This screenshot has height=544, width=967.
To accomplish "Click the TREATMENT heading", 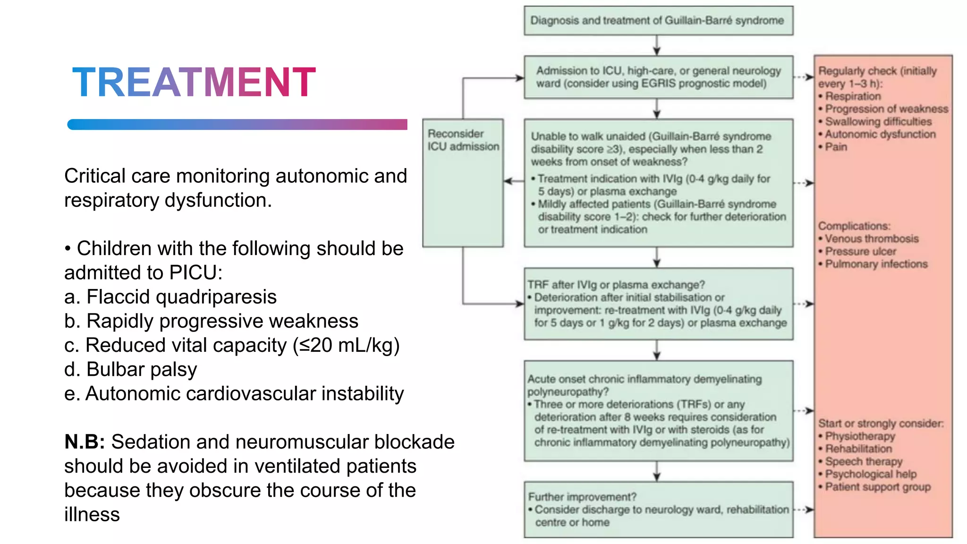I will [x=194, y=83].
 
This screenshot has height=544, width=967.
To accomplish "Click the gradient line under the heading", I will [x=237, y=124].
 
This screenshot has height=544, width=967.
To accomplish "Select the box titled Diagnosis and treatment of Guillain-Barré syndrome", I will [x=658, y=21].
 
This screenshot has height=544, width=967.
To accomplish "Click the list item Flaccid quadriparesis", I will [x=170, y=297].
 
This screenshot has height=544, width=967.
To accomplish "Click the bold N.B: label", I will [x=85, y=442].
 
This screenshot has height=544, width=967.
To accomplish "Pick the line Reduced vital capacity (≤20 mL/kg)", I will [x=232, y=345].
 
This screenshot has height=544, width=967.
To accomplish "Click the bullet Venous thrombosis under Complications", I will [x=871, y=239].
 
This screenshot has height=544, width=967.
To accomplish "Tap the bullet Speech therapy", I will [x=863, y=461].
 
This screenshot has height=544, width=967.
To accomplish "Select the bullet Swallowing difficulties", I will [x=878, y=122].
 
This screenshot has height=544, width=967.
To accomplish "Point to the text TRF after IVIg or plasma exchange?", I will [x=616, y=285].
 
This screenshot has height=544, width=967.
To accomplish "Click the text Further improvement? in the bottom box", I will [x=582, y=497].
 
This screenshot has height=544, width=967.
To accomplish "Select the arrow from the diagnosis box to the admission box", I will [x=657, y=45].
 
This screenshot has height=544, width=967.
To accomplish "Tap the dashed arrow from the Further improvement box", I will [x=804, y=510].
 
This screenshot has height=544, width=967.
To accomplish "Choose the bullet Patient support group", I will [x=877, y=487].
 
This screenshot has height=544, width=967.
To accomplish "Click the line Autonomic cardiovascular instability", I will [x=234, y=394].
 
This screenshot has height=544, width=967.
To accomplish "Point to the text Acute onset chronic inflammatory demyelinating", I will [x=644, y=379].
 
